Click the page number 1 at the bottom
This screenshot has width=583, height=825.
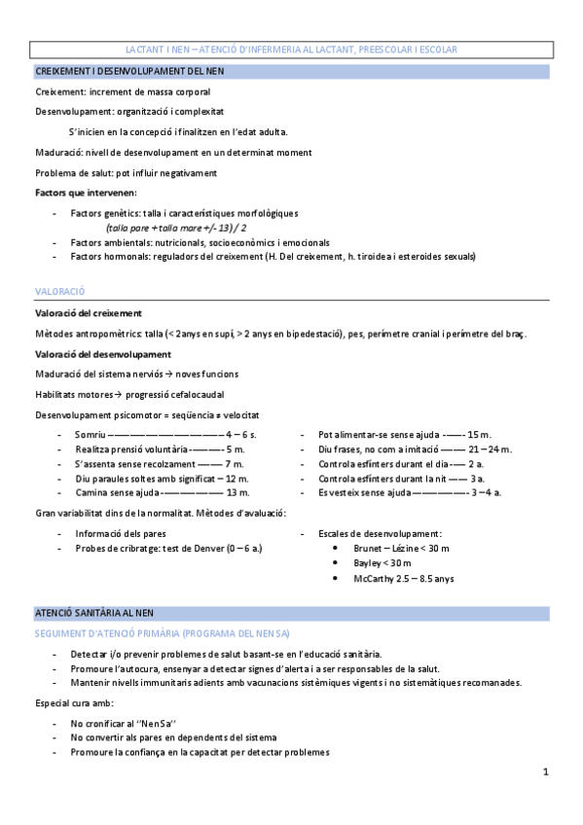[x=546, y=771]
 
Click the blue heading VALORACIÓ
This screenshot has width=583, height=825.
[x=60, y=291]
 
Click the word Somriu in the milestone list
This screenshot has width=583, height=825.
[x=91, y=433]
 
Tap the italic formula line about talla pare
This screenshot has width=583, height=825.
[x=176, y=227]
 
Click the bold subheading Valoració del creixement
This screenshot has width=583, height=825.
[x=89, y=313]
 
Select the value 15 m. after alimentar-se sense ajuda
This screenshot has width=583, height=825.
[x=480, y=433]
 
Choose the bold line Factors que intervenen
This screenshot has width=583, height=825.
[x=86, y=193]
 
